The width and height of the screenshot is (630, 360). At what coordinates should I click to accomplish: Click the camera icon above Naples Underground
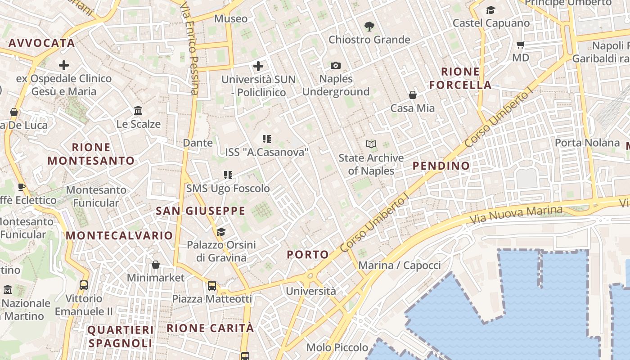(335, 66)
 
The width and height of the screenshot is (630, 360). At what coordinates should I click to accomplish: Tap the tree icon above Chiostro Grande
(369, 27)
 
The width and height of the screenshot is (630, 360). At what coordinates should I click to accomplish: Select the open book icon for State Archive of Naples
(371, 144)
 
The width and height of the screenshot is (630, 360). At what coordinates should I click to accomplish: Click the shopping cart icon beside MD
(520, 45)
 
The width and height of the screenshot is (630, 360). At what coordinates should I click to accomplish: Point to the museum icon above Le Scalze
(138, 111)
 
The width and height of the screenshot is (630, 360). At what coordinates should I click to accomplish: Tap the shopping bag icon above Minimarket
(155, 265)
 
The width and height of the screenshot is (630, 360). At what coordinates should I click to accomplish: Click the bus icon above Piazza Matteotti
(211, 286)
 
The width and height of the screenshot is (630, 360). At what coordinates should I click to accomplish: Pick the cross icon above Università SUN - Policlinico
(258, 67)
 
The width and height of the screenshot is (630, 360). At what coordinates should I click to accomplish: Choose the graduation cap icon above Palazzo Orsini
(220, 232)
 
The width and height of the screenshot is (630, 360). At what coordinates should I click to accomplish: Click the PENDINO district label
(441, 166)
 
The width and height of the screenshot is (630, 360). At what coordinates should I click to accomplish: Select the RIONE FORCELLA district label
(460, 78)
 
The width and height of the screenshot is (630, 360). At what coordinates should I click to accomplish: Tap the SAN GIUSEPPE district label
(201, 211)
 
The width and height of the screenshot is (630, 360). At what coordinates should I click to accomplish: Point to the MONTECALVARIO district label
(119, 235)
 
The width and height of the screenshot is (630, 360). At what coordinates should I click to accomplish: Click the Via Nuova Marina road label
(516, 215)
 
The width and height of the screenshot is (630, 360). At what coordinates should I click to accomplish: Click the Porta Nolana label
(587, 143)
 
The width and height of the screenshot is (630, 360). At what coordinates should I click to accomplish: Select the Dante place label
(198, 143)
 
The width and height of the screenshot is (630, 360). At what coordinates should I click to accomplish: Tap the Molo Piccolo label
(337, 347)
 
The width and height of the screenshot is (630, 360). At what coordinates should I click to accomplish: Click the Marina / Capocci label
(399, 265)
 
